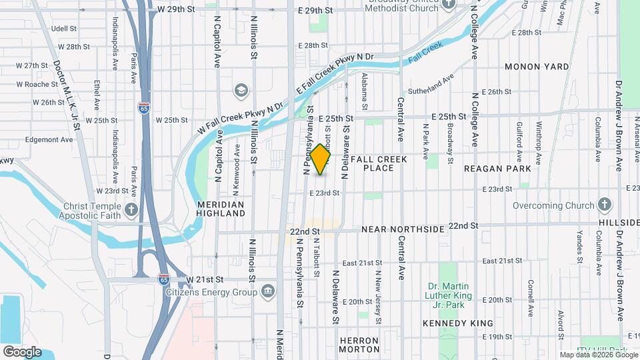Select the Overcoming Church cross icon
[605, 204]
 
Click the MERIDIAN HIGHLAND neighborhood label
[221, 209]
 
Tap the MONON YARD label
[537, 67]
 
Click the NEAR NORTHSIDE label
[402, 229]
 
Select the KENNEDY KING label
[453, 323]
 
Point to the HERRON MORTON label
[359, 345]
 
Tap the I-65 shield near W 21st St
[163, 280]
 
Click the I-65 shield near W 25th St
[143, 108]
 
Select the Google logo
[22, 352]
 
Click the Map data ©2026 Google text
[599, 354]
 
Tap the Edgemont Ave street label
[49, 140]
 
